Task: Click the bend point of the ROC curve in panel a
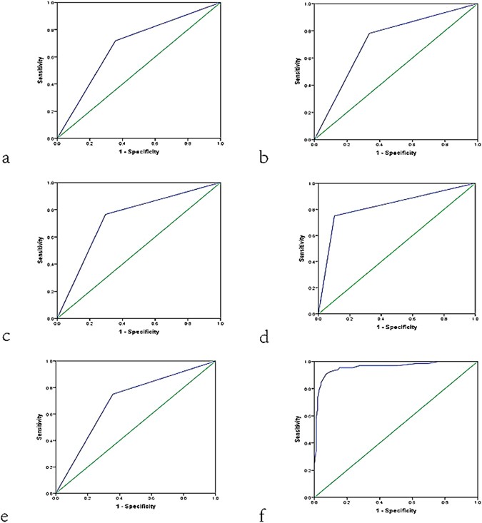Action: point(115,41)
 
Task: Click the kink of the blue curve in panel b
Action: point(369,34)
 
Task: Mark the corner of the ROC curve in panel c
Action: point(105,215)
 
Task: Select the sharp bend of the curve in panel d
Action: point(334,216)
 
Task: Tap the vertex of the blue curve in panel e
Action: point(112,394)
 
